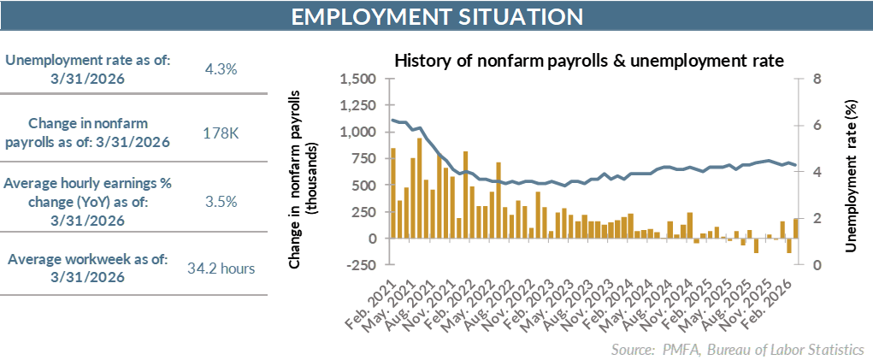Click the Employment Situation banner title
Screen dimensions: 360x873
436,17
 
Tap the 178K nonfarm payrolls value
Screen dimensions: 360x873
221,133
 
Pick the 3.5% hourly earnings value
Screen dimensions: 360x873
221,203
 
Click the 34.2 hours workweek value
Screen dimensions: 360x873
221,269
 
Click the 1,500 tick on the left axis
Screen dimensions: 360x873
358,80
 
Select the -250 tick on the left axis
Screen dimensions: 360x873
360,265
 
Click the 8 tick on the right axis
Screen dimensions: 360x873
817,80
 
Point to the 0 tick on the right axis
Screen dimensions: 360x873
817,265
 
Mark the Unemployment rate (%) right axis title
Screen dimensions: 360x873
851,171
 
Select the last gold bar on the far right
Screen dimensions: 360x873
795,228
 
